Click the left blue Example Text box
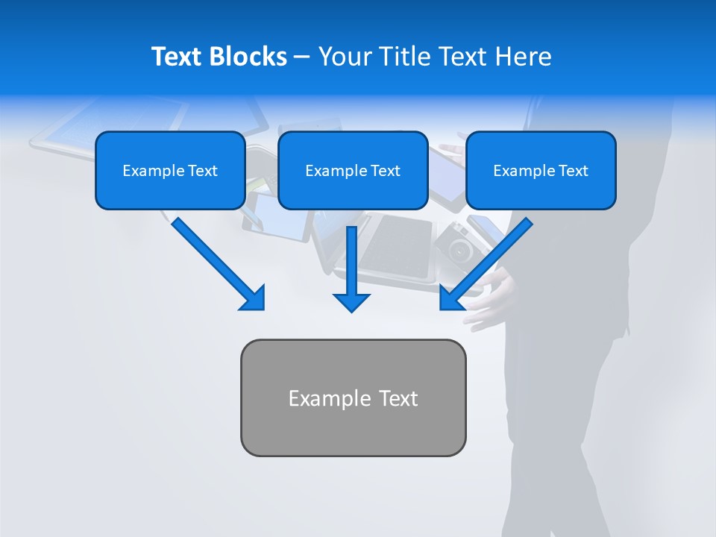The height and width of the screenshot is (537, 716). coord(170,171)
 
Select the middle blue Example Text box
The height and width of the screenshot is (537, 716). coord(353,171)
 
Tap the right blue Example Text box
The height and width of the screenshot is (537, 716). coord(541,171)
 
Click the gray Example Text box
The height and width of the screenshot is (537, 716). coord(353,398)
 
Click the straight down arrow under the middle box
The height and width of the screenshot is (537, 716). coord(351,268)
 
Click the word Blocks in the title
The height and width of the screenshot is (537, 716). coord(248,57)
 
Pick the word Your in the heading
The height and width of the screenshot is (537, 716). coord(345,57)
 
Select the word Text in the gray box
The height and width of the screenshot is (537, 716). coord(398,398)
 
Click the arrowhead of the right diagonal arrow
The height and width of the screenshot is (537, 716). coord(451,298)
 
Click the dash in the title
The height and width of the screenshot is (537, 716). coord(302,57)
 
